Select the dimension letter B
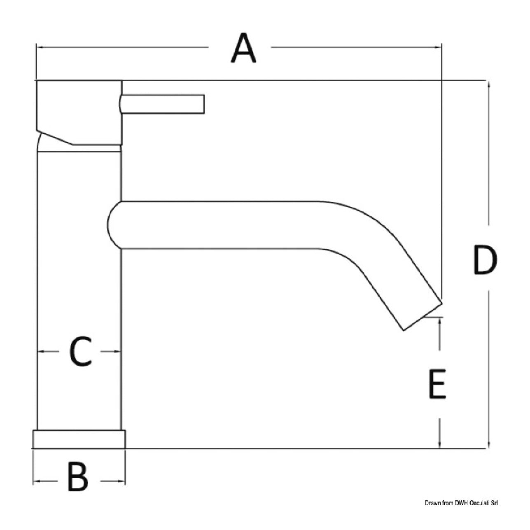coord(78,481)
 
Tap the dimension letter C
coord(80,351)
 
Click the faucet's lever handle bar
coord(162,104)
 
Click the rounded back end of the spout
coord(113,225)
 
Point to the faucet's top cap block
coord(79,113)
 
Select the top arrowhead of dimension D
coord(488,86)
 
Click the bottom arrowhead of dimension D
coord(488,444)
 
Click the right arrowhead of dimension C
coord(117,351)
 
